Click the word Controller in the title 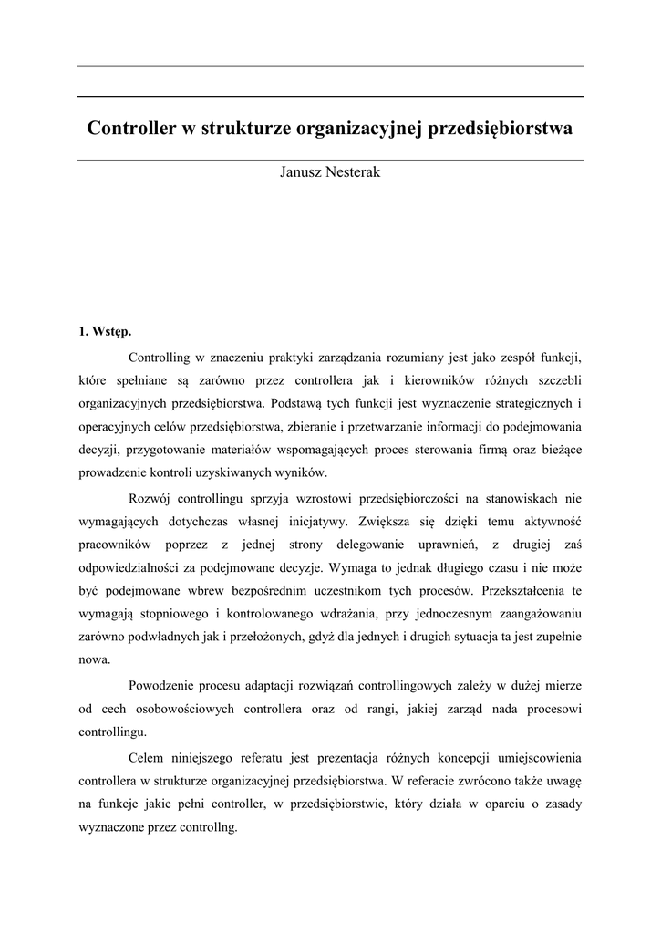(x=132, y=130)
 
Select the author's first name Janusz (x=302, y=173)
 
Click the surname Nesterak (x=353, y=173)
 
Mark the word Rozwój (x=150, y=498)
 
